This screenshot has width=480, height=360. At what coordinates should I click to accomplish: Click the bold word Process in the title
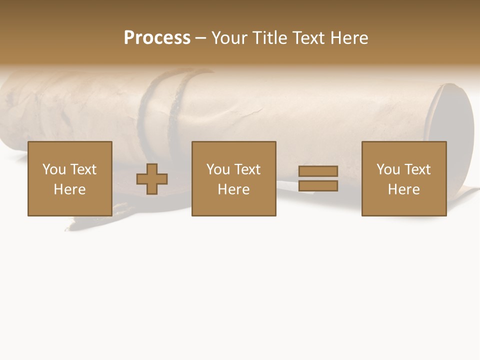pyautogui.click(x=157, y=38)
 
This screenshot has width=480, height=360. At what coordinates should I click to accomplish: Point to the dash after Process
pyautogui.click(x=200, y=38)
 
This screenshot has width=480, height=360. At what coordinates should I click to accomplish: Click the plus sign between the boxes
pyautogui.click(x=152, y=178)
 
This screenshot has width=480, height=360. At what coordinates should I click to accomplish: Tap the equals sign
pyautogui.click(x=318, y=178)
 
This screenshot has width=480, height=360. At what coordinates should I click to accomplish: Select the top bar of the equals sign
pyautogui.click(x=318, y=171)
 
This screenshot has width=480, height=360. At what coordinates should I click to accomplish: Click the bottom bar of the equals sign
pyautogui.click(x=318, y=186)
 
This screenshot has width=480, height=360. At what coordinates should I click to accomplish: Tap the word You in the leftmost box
pyautogui.click(x=54, y=169)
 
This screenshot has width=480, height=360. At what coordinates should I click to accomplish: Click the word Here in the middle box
pyautogui.click(x=233, y=189)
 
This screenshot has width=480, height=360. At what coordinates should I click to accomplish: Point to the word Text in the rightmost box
pyautogui.click(x=417, y=169)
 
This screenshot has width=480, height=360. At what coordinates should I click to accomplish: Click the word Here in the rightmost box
pyautogui.click(x=403, y=189)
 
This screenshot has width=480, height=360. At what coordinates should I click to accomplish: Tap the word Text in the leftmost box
pyautogui.click(x=83, y=169)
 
